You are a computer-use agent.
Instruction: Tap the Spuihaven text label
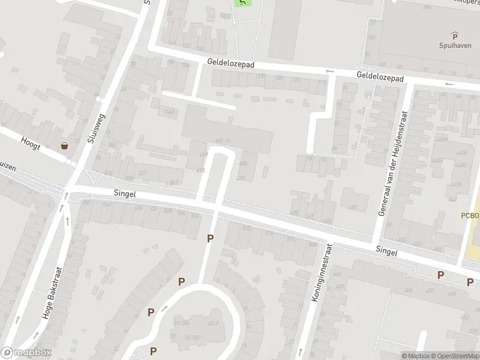click(x=454, y=44)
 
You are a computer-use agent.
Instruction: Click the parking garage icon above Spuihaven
click(x=454, y=35)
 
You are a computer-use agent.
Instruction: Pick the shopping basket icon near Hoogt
click(x=64, y=146)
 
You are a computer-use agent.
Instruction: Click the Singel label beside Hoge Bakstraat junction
click(x=125, y=194)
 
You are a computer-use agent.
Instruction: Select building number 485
click(x=242, y=163)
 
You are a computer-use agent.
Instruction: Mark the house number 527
click(x=142, y=173)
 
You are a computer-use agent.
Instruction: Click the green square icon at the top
click(x=242, y=3)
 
